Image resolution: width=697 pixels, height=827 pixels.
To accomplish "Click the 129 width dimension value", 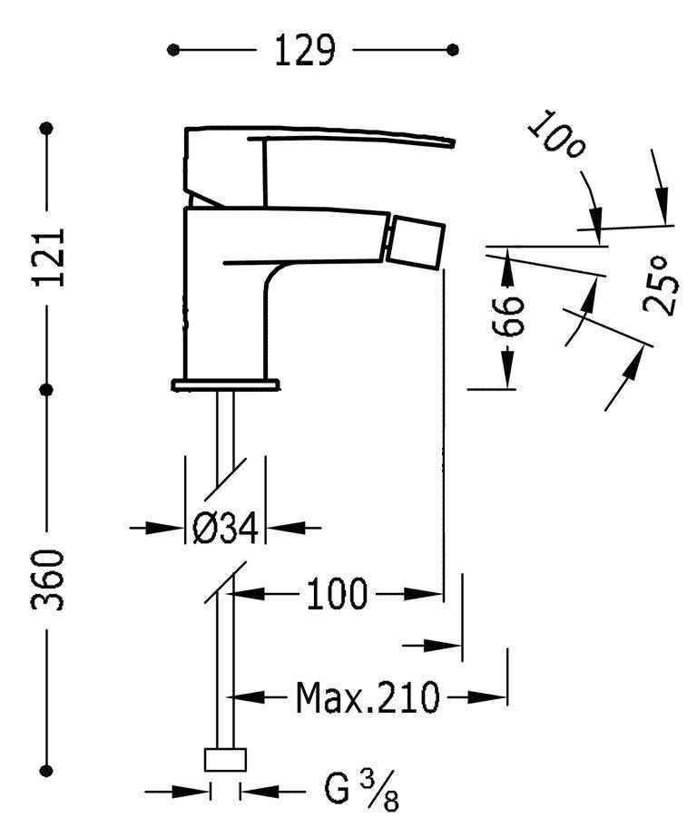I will tap(305, 51).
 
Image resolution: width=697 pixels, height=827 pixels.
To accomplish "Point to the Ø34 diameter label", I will tap(225, 528).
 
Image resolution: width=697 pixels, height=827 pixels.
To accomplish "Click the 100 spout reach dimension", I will tap(335, 595).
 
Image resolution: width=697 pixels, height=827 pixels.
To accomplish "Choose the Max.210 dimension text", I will tap(368, 698).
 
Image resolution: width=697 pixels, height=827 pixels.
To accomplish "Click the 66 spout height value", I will tap(511, 314).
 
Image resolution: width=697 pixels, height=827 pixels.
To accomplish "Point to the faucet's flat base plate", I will tap(224, 384).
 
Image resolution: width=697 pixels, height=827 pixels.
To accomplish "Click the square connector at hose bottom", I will tap(224, 760).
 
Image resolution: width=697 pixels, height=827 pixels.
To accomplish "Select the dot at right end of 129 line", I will tap(453, 50).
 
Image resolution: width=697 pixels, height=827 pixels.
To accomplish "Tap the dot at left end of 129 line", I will tap(173, 50).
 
